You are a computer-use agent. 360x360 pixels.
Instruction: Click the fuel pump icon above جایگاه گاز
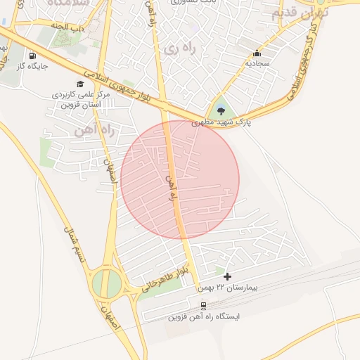(32, 56)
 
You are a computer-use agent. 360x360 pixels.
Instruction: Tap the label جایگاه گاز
(32, 67)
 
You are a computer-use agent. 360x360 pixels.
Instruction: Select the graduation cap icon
(81, 84)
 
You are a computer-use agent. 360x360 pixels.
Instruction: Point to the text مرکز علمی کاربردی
(78, 94)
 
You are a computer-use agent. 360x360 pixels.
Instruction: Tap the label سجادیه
(257, 63)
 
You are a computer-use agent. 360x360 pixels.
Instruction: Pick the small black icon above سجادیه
(257, 53)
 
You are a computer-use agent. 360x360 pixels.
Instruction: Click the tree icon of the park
(221, 110)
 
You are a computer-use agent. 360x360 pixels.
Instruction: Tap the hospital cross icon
(227, 277)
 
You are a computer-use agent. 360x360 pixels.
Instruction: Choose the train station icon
(203, 306)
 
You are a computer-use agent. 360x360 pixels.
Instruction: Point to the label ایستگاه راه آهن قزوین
(203, 317)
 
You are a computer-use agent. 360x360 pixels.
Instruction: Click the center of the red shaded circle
(180, 179)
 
